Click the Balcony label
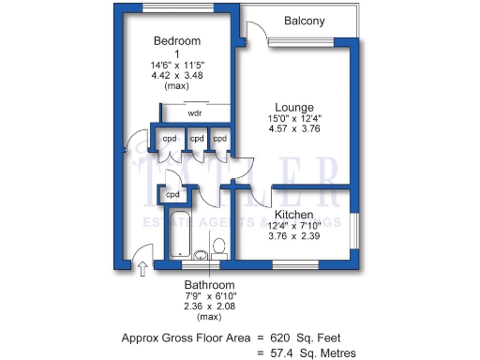[305, 21]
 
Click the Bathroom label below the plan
[209, 285]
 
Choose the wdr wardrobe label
[195, 112]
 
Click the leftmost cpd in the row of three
[170, 139]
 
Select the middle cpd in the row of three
[196, 139]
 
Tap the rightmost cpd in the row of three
[219, 139]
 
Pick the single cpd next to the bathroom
[172, 195]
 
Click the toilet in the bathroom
[219, 247]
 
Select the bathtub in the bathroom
[178, 234]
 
